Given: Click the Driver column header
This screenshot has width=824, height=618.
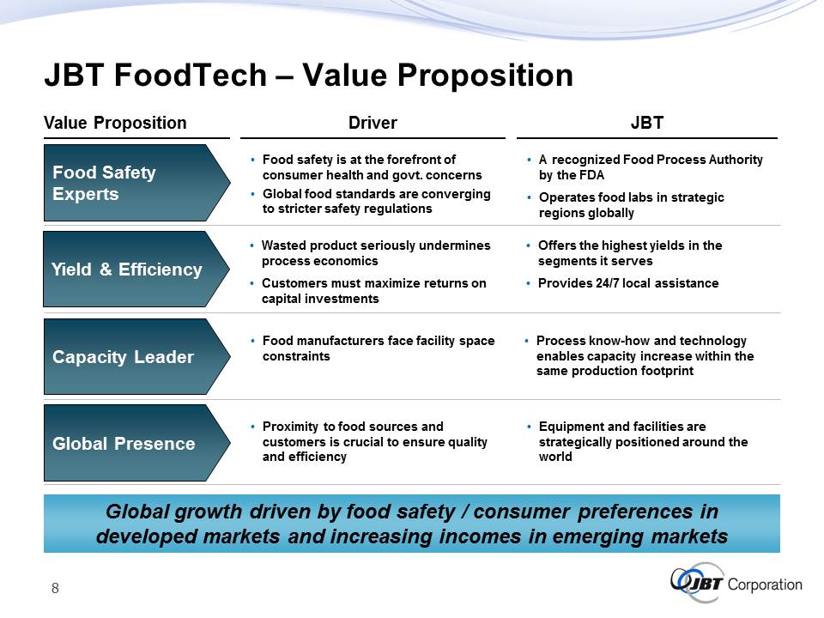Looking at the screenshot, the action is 373,123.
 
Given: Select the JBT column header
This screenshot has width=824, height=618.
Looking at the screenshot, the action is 647,123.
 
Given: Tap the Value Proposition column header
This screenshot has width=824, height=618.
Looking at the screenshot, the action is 115,123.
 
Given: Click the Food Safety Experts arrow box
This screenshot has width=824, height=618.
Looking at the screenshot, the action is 136,183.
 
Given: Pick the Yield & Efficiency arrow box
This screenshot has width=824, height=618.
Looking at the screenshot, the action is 136,269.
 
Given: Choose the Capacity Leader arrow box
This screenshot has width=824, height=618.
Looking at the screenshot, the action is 136,356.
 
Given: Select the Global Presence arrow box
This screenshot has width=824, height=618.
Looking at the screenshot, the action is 136,443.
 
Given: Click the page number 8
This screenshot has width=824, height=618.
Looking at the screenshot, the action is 55,588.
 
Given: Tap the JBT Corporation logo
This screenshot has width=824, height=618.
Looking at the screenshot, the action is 736,584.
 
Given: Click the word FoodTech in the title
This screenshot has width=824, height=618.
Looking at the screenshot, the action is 191,75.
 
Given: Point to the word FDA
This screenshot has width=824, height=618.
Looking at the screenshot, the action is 591,175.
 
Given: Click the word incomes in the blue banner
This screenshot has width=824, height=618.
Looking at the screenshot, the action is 483,536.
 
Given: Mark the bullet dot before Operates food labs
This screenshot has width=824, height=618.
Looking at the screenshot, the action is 530,197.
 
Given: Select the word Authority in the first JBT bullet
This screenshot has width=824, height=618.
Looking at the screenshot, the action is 736,160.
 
